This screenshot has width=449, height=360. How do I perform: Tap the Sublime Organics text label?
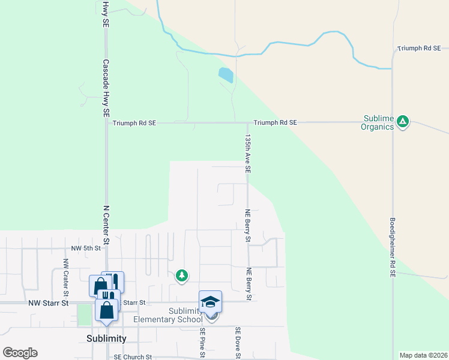(377, 122)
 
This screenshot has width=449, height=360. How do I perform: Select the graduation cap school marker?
(211, 301)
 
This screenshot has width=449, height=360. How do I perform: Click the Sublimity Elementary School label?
(167, 314)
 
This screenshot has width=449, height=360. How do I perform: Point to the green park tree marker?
(181, 275)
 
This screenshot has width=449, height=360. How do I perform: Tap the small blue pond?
(226, 75)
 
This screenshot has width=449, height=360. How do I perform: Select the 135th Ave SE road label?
(247, 154)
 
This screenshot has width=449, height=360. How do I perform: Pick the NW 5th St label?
(84, 248)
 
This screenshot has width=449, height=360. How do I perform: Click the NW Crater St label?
(65, 276)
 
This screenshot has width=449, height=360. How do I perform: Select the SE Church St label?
(134, 356)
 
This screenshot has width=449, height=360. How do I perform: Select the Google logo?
(20, 353)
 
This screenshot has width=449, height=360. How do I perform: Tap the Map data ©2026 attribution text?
(423, 355)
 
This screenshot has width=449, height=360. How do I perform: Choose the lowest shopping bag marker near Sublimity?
(106, 310)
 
